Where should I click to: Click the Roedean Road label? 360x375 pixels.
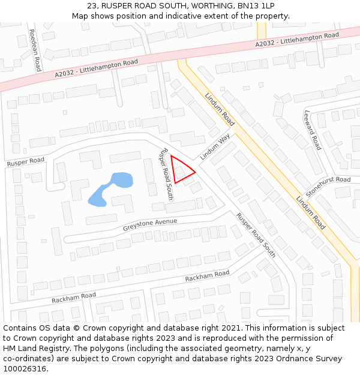click(34, 51)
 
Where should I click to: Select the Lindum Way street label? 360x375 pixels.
click(215, 146)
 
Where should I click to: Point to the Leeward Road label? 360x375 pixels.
click(313, 130)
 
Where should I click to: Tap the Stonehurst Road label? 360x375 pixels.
click(328, 186)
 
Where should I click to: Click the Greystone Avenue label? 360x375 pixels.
click(150, 225)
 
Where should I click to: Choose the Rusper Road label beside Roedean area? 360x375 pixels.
click(26, 161)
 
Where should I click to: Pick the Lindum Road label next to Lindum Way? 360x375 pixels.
click(220, 109)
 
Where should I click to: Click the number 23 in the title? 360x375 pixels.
click(92, 5)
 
